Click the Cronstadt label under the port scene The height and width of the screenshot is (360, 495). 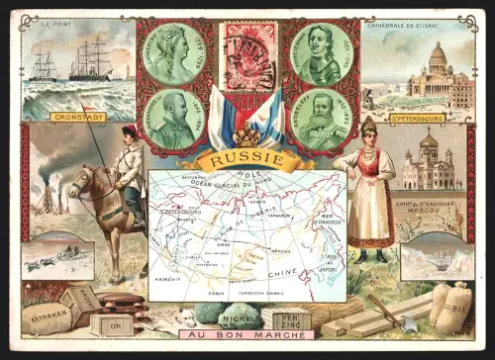(x=77, y=117)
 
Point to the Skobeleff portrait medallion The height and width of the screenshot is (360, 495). (x=321, y=118)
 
